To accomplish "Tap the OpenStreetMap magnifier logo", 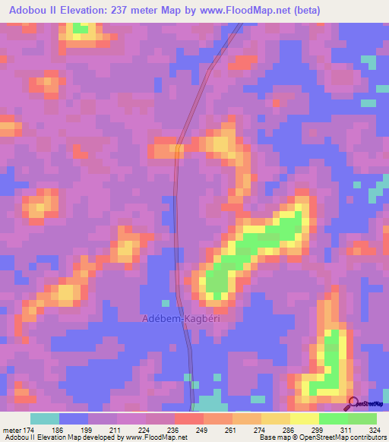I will pyautogui.click(x=355, y=403).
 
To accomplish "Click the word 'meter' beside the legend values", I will pyautogui.click(x=13, y=431).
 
